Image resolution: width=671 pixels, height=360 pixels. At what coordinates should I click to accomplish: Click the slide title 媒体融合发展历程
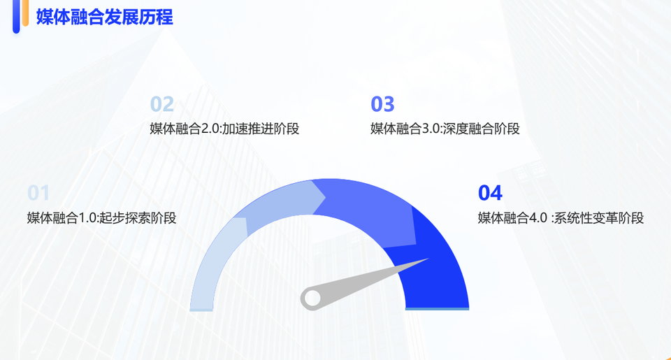pos(104,17)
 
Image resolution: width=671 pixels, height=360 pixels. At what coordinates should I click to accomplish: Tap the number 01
pos(38,193)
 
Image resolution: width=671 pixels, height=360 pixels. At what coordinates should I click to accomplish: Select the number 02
pos(162,104)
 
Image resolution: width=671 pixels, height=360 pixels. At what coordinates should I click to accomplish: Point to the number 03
pos(382,104)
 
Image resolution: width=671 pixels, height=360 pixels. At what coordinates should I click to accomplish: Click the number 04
pos(490,193)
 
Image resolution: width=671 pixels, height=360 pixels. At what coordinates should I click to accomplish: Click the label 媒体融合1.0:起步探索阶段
pos(102,218)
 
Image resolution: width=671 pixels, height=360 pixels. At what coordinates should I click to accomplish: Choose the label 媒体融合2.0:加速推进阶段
pos(224,129)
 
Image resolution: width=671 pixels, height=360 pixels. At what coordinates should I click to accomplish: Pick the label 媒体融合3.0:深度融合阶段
pos(445,129)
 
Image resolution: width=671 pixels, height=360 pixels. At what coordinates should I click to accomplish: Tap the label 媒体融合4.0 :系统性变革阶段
pos(561,218)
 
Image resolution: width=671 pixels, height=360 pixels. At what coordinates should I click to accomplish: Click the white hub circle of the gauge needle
pos(312,298)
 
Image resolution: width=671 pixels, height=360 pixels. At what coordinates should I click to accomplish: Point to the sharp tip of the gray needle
pos(428,259)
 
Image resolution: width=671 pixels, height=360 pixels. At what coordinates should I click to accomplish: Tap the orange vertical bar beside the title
pos(25,13)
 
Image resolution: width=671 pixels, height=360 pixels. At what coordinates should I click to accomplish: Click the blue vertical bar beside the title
pos(16,16)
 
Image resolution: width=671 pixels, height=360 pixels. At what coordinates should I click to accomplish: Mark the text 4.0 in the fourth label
pos(538,218)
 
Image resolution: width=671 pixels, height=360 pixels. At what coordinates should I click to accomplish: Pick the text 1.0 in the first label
pos(88,218)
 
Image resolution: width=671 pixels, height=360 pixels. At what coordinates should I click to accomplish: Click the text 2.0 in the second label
pos(210,129)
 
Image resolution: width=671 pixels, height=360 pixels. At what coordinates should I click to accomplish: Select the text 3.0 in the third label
pos(431,129)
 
